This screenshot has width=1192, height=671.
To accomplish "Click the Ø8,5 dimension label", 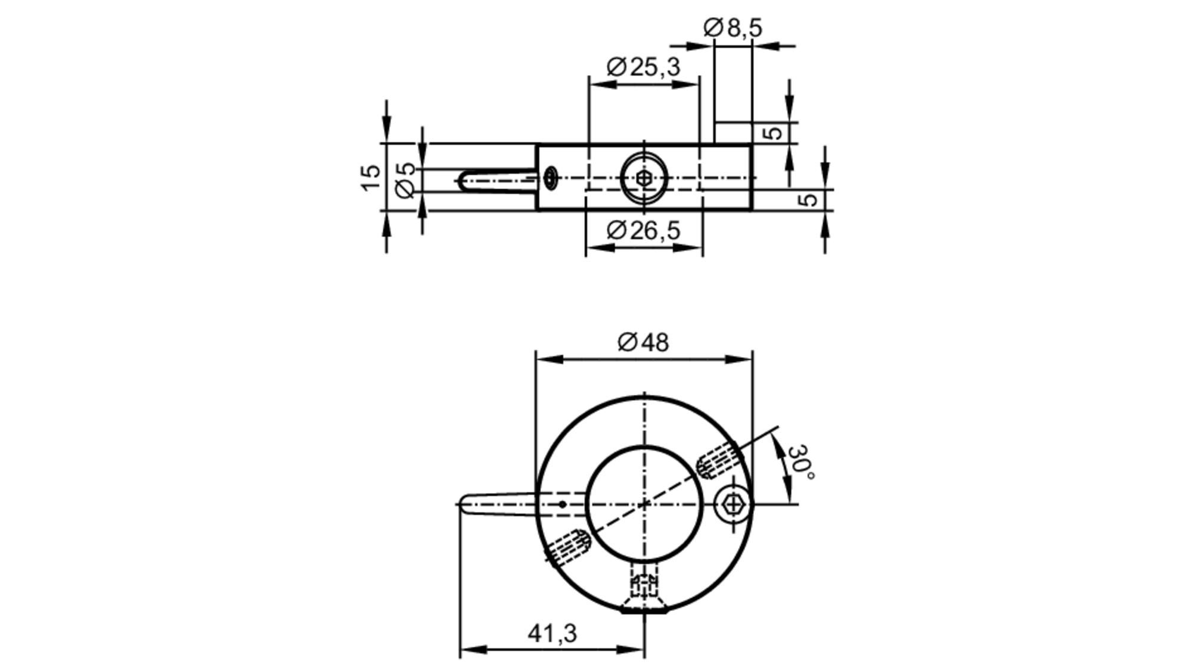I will click(732, 27).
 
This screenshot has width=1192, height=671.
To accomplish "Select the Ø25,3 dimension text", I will click(643, 67).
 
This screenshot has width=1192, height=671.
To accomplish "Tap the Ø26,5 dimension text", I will click(643, 230).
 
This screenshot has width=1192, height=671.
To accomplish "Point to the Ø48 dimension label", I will click(643, 342).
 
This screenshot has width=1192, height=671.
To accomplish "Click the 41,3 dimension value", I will click(552, 633).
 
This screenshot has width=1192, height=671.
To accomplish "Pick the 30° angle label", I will click(800, 461).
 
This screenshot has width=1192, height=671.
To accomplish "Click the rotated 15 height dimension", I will click(371, 177).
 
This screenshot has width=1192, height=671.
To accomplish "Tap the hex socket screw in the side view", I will click(644, 178).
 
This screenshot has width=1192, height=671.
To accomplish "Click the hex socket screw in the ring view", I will click(733, 505).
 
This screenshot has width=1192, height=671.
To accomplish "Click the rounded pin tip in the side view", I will click(465, 180).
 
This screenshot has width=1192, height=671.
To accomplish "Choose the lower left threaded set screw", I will click(568, 547).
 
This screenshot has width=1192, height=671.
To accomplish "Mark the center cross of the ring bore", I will click(644, 504).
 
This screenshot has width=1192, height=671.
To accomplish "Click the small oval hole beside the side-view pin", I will click(551, 177).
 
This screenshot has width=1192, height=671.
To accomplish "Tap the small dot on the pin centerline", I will click(562, 504).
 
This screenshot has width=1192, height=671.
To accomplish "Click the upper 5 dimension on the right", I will click(773, 132).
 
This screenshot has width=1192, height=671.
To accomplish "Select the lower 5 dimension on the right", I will click(809, 199).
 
